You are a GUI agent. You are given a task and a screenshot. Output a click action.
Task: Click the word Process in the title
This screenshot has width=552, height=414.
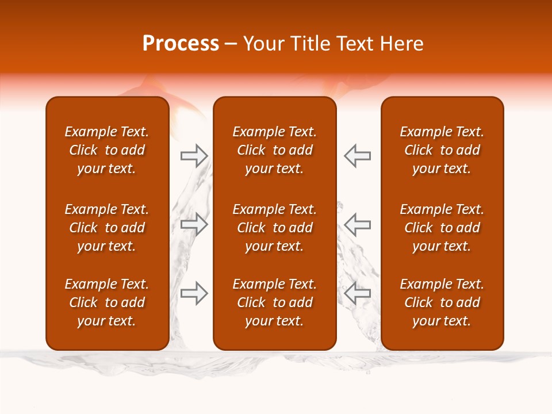click(181, 44)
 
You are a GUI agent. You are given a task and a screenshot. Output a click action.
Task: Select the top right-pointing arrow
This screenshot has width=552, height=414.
click(194, 155)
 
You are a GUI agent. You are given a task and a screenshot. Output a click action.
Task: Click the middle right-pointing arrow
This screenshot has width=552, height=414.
click(194, 224)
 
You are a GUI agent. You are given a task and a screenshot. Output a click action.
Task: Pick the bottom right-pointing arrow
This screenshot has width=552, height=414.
click(194, 293)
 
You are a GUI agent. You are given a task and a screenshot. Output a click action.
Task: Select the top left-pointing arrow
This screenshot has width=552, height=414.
click(357, 155)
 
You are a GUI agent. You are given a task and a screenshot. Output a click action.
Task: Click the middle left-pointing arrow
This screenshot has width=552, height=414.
click(357, 224)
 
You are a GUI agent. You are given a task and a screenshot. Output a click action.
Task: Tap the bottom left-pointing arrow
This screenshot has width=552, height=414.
click(357, 293)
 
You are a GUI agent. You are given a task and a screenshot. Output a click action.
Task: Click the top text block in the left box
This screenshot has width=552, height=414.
click(107, 150)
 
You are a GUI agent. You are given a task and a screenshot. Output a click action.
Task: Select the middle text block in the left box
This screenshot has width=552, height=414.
click(107, 228)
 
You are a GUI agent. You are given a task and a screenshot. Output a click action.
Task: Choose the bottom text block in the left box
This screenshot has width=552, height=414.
click(107, 302)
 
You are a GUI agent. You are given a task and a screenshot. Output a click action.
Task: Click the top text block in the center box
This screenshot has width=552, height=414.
click(274, 150)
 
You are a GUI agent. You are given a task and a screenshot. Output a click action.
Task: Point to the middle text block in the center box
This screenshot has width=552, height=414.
click(274, 228)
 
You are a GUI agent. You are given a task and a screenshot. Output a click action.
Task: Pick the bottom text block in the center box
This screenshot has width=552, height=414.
click(274, 302)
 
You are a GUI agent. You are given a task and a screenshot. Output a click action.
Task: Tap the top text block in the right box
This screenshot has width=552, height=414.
click(442, 150)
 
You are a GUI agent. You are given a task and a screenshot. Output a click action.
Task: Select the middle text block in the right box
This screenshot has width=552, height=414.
click(442, 228)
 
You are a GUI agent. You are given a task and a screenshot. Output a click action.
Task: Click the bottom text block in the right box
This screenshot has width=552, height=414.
click(442, 302)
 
